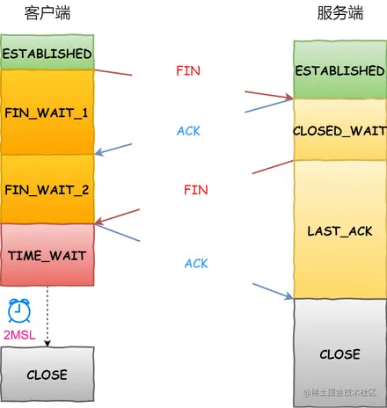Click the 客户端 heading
point(47,15)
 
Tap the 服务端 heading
point(341,15)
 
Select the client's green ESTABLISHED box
point(47,54)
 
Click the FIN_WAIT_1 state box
point(47,113)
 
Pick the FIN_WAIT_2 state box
point(47,189)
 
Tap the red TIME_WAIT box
point(47,253)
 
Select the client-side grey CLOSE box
point(47,375)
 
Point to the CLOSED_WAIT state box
point(340,129)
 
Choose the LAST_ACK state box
point(340,230)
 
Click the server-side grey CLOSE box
point(340,353)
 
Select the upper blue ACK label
point(188,131)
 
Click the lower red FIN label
point(195,189)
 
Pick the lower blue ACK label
point(196,263)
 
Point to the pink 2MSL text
point(19,335)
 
